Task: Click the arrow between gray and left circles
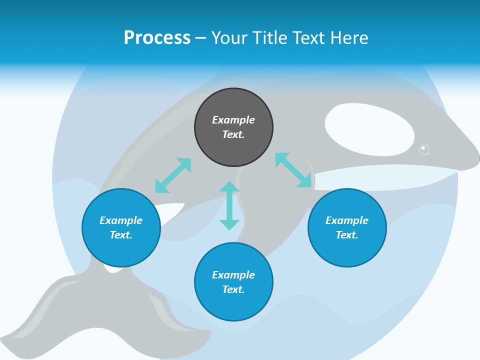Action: click(x=173, y=175)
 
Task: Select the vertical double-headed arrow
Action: click(x=229, y=205)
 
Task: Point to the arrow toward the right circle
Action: click(x=293, y=170)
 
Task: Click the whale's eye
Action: click(x=424, y=149)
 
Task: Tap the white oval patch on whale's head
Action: click(x=369, y=129)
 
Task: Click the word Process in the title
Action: click(x=157, y=38)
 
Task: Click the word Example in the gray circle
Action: click(x=233, y=120)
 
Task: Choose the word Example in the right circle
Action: click(x=347, y=220)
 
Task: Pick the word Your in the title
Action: click(x=228, y=38)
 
